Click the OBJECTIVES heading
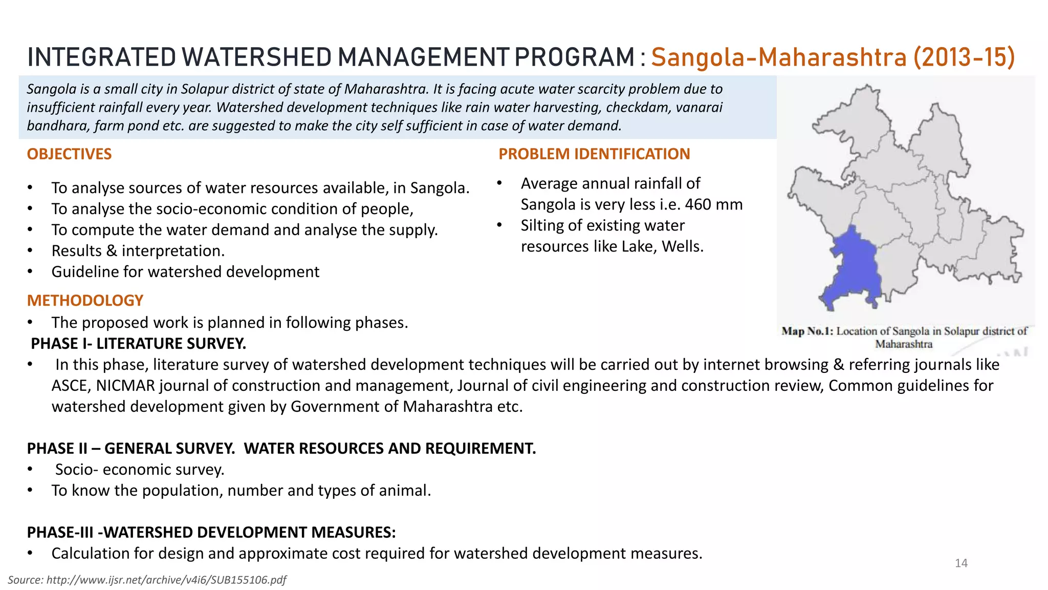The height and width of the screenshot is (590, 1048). coord(69,154)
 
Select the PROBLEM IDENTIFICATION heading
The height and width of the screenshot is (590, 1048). coord(594,154)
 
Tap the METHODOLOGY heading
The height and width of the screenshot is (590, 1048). coord(85,301)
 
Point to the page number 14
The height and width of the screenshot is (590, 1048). coord(961,563)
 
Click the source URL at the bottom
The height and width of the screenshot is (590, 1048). coord(147,580)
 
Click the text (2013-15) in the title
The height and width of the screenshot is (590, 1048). coord(964,57)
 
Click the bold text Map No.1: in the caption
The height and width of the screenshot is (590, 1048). coord(807,331)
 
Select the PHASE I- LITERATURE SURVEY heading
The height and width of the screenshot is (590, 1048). coord(139,344)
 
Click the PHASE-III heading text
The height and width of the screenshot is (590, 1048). coord(60,533)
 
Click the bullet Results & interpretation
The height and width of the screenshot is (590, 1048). coord(138,251)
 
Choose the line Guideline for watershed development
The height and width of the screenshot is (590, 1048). coord(185,272)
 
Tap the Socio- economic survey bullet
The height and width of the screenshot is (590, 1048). coord(140,470)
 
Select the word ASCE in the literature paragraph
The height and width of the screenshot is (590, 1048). coord(70,386)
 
